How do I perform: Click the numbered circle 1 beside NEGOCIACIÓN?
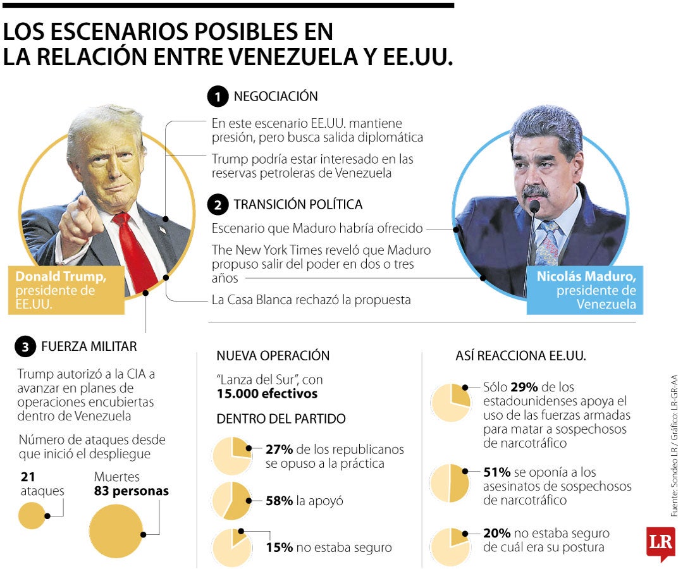(x=218, y=97)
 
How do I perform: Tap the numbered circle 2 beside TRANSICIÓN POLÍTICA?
(x=218, y=205)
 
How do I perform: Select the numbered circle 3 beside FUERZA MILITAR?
(x=25, y=346)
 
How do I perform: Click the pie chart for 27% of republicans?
(x=231, y=456)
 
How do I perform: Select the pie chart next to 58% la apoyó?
(x=231, y=501)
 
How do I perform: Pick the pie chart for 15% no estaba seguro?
(x=231, y=547)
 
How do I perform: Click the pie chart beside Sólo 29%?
(x=450, y=403)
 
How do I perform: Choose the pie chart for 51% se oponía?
(x=450, y=483)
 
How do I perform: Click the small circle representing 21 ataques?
(x=32, y=515)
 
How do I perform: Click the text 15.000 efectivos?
(x=267, y=394)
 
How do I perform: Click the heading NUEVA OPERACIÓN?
(x=273, y=356)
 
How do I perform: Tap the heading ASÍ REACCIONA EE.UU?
(x=520, y=356)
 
